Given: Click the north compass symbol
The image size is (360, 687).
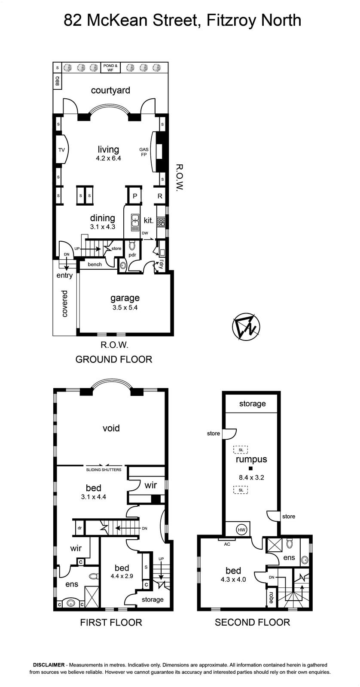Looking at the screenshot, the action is coord(246,327).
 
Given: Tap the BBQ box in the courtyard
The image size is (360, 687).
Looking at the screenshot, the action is coord(58,81).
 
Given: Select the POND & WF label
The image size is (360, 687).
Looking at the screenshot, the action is coord(110,68).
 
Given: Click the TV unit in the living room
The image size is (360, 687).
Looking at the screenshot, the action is coord(61,150).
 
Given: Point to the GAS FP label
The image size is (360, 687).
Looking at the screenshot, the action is coord(143,152).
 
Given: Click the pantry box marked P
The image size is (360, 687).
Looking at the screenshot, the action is coord(134,196).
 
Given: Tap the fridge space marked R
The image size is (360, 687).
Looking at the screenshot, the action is coord(159,196).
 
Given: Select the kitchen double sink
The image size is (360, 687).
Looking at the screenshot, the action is coord(135,223).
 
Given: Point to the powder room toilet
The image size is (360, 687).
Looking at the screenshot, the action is coord(132,246).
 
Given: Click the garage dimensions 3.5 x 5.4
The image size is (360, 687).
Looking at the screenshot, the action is coord(125,307).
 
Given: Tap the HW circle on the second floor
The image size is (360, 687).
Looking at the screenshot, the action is coord(242,530).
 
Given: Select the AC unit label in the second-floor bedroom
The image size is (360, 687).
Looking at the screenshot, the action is coord(227,544).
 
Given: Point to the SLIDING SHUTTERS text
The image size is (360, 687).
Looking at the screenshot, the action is coord(104,470).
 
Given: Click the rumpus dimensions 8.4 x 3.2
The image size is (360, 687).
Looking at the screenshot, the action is coord(251,477).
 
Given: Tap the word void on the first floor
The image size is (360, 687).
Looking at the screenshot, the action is coord(111,428).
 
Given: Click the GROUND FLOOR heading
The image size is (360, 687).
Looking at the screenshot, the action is coord(114,359).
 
